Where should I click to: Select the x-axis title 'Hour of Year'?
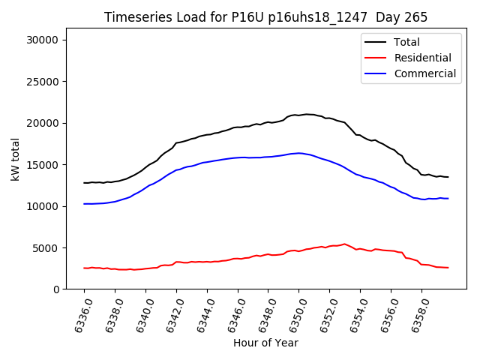click(265, 343)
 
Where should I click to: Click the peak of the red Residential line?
click(344, 244)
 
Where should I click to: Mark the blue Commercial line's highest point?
click(298, 153)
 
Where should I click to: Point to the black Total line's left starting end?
click(84, 182)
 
